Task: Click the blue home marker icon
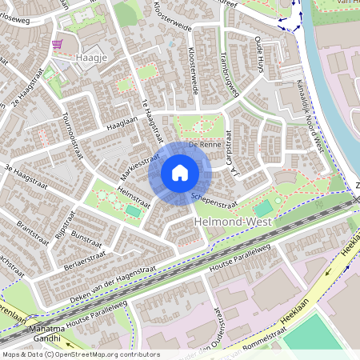click(x=180, y=173)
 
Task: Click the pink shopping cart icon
click(x=57, y=44)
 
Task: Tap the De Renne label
click(x=204, y=145)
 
